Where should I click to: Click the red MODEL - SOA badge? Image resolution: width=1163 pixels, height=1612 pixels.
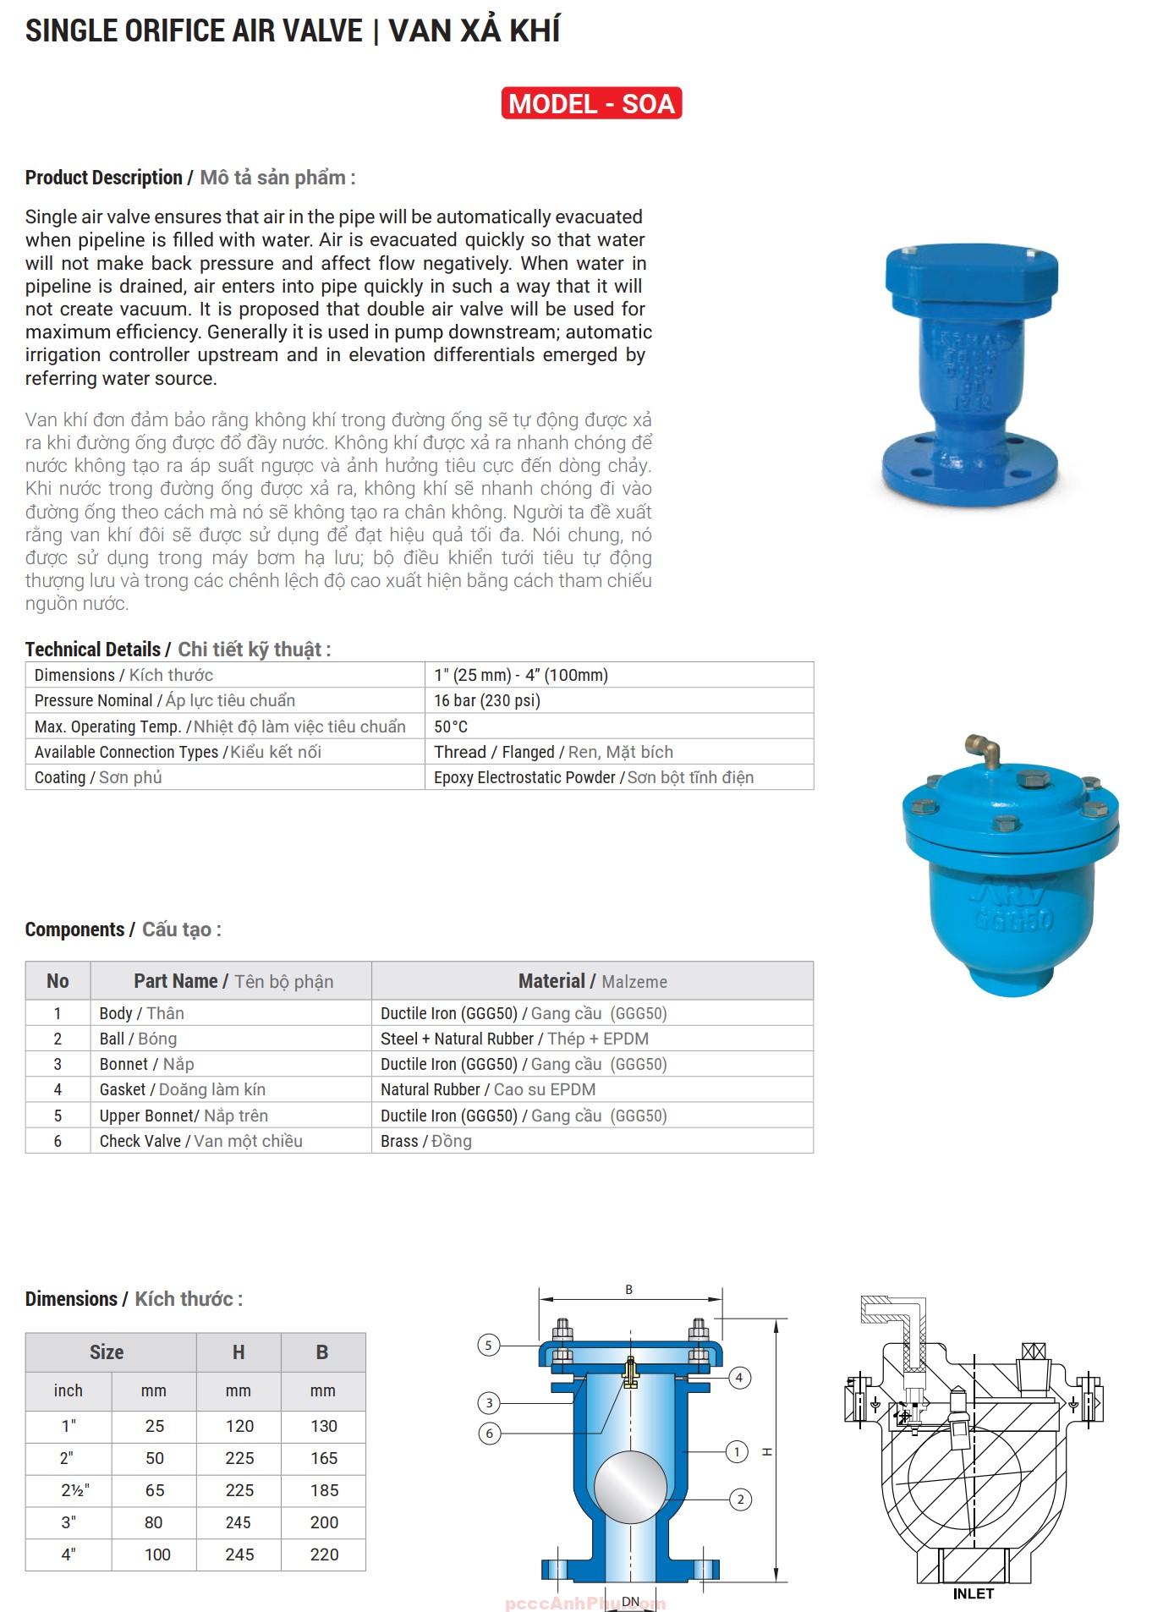(591, 103)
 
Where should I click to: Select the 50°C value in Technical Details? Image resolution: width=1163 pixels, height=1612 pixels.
(451, 726)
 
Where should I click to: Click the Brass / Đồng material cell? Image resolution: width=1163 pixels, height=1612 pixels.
(426, 1141)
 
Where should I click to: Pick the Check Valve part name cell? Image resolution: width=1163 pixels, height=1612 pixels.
(200, 1141)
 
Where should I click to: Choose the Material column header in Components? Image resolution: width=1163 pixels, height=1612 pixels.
(592, 981)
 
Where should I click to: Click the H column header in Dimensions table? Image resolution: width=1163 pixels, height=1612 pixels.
(239, 1352)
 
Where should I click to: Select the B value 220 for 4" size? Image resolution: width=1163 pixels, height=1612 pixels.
(324, 1554)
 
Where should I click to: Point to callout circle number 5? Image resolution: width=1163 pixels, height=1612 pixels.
(489, 1345)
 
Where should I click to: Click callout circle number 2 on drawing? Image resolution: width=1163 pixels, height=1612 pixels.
(740, 1500)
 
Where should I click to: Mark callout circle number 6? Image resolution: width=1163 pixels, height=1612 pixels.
(489, 1434)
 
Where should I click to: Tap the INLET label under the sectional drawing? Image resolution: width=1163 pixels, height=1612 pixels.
(973, 1593)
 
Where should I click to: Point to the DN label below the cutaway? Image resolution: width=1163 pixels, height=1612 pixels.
(631, 1601)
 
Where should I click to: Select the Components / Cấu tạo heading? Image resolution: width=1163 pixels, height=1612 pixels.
(123, 929)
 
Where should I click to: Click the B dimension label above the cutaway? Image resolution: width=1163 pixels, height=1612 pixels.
(628, 1290)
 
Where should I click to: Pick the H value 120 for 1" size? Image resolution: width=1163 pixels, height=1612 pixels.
(239, 1426)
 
